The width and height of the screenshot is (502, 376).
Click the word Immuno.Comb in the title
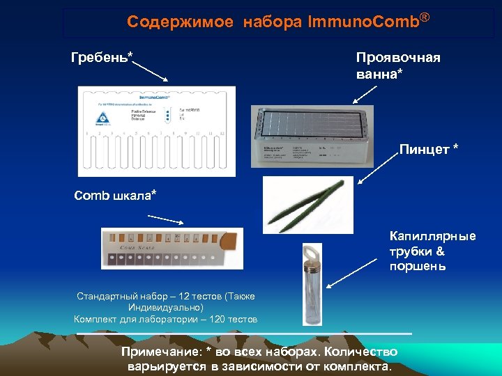pos(362,22)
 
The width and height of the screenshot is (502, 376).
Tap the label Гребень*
pos(102,56)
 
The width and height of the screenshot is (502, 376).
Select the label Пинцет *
pos(428,149)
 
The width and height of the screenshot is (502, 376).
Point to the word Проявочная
pos(398,56)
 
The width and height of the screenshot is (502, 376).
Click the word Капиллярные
pos(432,236)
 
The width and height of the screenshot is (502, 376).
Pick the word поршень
pos(418,267)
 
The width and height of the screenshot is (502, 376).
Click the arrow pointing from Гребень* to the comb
pos(150,70)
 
